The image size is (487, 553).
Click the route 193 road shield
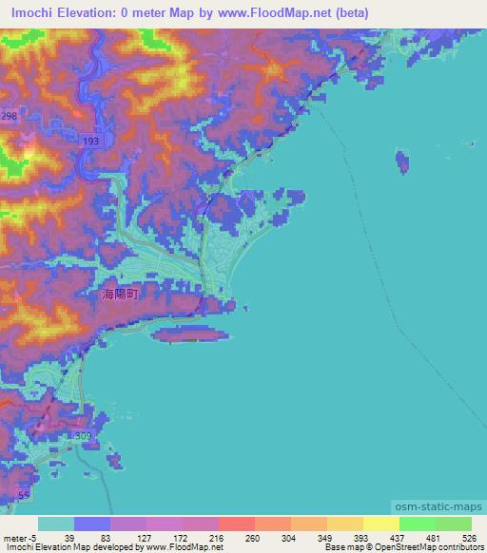point(90,141)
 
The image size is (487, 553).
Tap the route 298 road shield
point(9,115)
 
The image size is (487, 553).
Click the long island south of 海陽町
point(190,334)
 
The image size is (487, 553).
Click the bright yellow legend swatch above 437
point(381,524)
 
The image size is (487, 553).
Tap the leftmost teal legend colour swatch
point(56,524)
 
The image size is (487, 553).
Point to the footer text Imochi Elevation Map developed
point(67,548)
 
